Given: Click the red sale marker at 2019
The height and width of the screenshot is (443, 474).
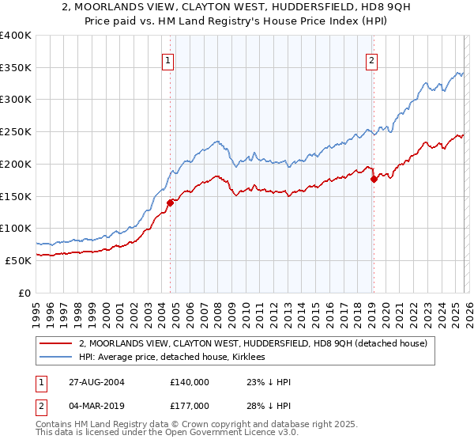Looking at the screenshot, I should coord(374,179).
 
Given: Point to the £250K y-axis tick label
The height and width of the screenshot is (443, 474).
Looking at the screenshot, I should coord(16,132).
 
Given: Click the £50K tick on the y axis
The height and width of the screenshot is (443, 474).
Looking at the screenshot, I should coord(18,260).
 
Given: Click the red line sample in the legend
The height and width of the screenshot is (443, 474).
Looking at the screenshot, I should coord(56,343).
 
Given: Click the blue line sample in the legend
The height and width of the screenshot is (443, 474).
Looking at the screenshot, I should coord(56,358).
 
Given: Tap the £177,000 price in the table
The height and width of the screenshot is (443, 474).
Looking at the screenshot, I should coord(190,407).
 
